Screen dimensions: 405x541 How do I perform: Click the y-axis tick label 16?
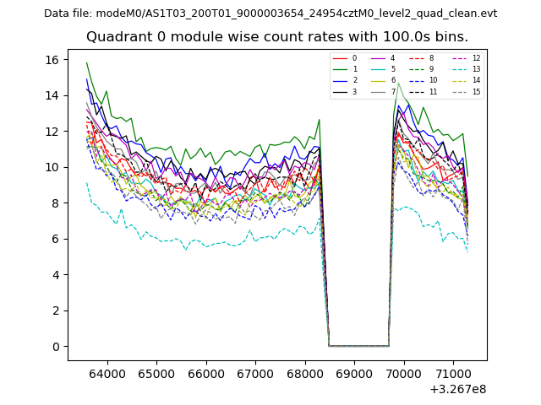[x=52, y=60]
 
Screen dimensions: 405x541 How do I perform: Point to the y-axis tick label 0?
[x=55, y=347]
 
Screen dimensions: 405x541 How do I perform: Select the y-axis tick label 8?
[x=55, y=203]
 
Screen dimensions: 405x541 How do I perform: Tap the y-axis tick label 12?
[x=52, y=132]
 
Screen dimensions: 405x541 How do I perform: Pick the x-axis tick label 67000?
[x=254, y=372]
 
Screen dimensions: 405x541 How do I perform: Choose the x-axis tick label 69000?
[x=353, y=372]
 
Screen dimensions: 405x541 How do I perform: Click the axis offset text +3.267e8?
[x=457, y=389]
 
